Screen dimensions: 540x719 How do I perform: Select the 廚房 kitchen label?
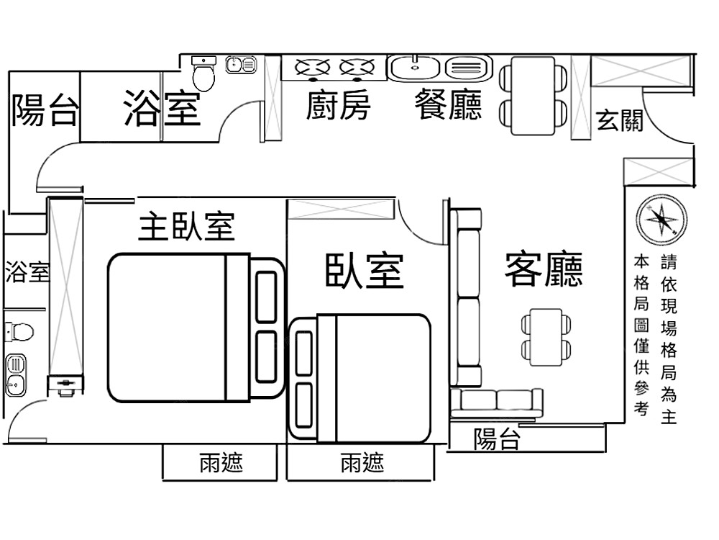click(x=338, y=107)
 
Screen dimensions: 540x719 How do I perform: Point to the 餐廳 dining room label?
click(x=448, y=106)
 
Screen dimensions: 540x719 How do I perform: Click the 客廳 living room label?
click(x=544, y=269)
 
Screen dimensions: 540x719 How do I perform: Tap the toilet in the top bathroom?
click(x=204, y=74)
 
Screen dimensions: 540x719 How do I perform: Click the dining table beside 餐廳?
click(x=533, y=95)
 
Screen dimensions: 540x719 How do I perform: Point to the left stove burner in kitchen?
click(x=313, y=68)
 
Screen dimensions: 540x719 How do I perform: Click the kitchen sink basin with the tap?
click(x=415, y=68)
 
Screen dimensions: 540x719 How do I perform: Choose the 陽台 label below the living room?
click(x=496, y=438)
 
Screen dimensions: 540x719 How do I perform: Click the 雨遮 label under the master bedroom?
click(x=221, y=462)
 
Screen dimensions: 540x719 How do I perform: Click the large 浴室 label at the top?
click(x=161, y=108)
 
